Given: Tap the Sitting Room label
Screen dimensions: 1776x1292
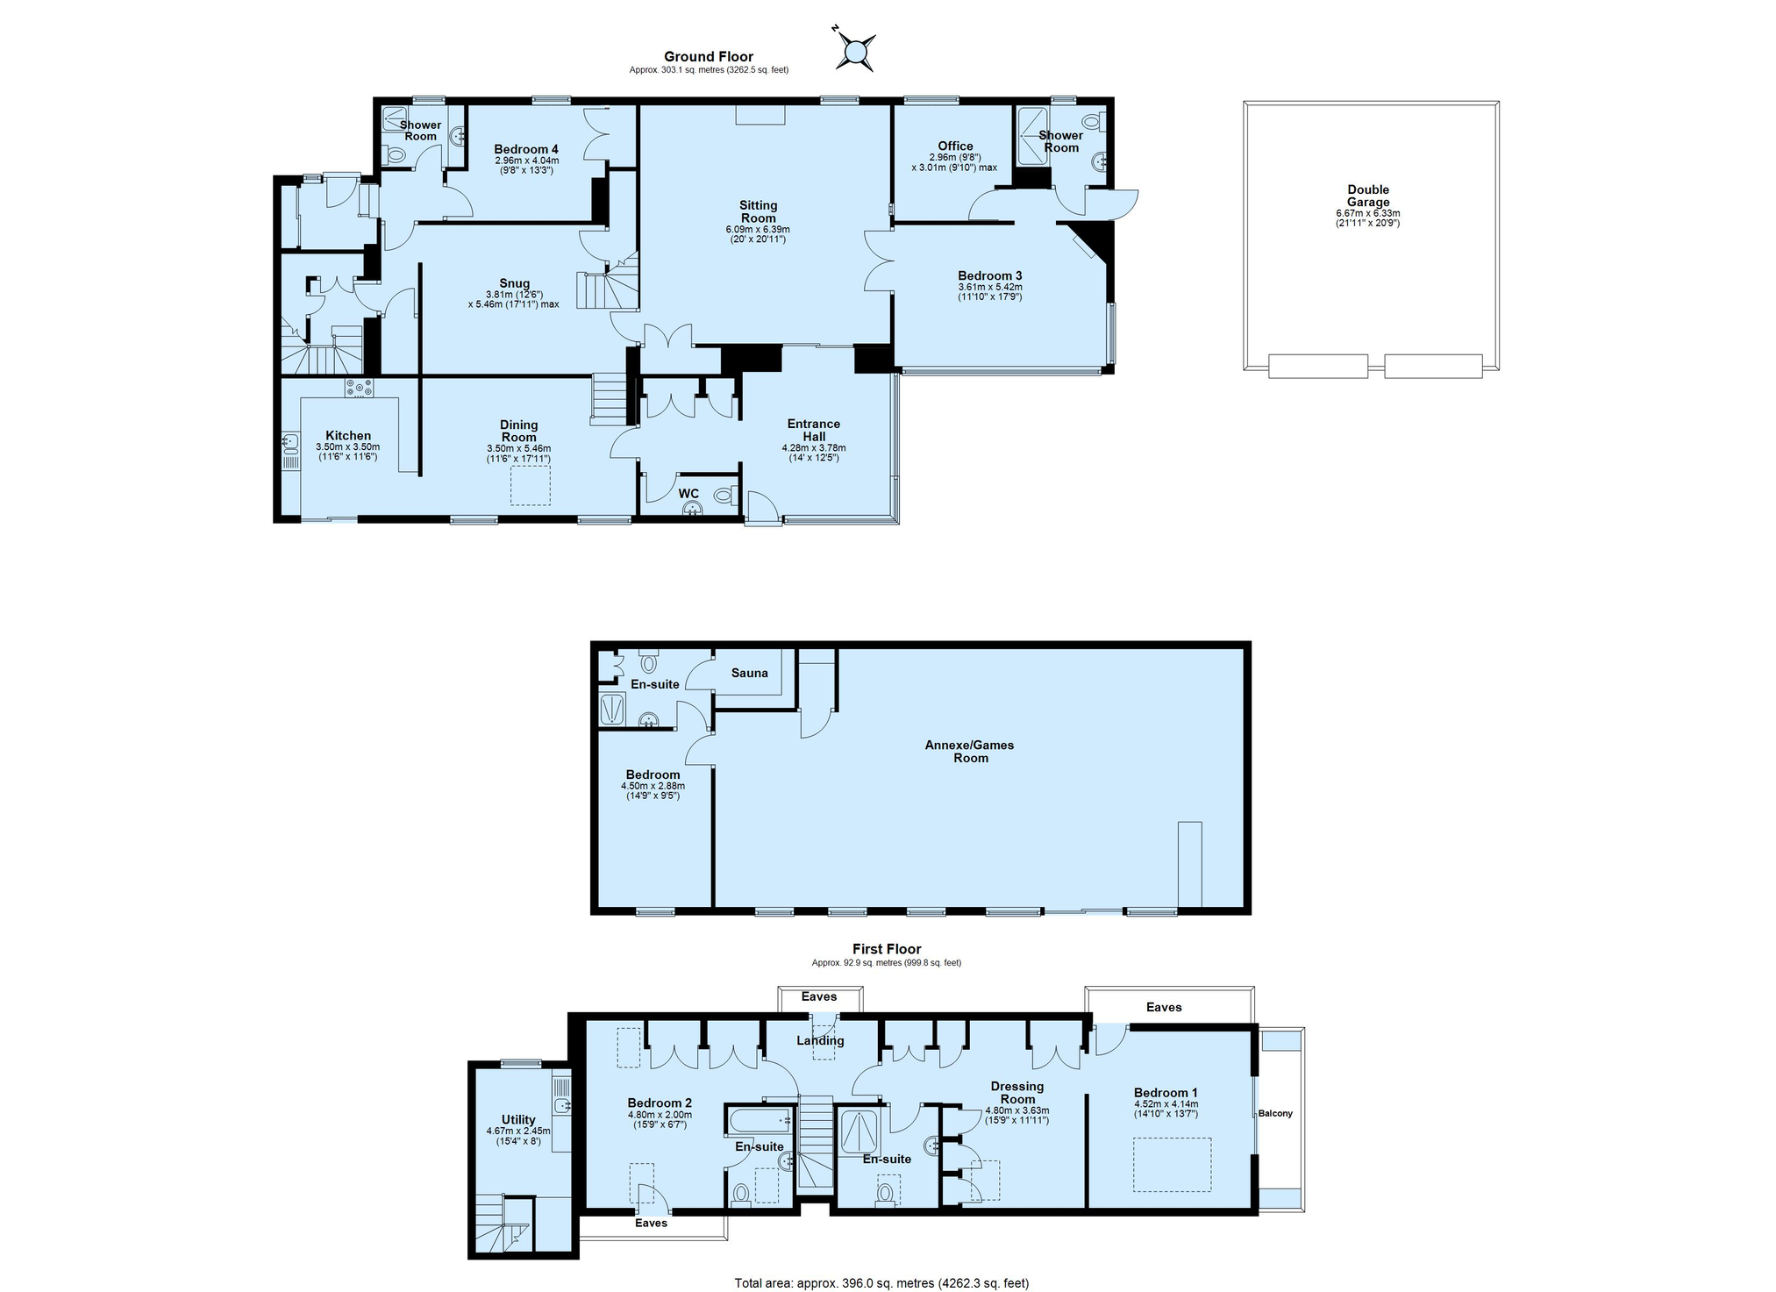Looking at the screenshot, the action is coord(759,212).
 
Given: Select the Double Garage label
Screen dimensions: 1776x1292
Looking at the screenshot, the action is coord(1368,196).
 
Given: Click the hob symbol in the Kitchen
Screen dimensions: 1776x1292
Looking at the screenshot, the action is coord(359,387).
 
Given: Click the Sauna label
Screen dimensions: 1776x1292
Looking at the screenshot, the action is coord(749,673).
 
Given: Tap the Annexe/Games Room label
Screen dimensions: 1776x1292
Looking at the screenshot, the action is coord(970,752).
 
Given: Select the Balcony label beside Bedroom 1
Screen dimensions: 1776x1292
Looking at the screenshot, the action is coord(1275,1113).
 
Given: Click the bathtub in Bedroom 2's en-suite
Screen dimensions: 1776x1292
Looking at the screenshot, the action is coord(760,1120).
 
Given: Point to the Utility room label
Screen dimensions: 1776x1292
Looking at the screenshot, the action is coord(518,1119).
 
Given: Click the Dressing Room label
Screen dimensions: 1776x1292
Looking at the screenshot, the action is coord(1017,1093).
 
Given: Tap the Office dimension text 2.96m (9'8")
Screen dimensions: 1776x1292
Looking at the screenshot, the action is coord(955,158).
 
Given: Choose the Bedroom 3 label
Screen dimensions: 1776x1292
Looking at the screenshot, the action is coord(990,275).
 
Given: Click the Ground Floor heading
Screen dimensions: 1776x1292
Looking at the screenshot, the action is coord(709,56).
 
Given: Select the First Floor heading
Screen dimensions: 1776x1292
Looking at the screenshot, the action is coord(887,949).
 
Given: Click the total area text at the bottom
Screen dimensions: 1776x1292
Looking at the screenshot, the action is coord(881,1283).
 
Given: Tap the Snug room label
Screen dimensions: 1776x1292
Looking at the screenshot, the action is coord(514,283).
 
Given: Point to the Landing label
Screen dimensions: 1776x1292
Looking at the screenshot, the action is coord(820,1041).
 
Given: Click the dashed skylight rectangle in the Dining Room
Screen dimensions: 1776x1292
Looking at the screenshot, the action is coord(530,486).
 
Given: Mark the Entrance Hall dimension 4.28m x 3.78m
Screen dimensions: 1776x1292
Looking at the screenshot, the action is coord(814,448).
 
